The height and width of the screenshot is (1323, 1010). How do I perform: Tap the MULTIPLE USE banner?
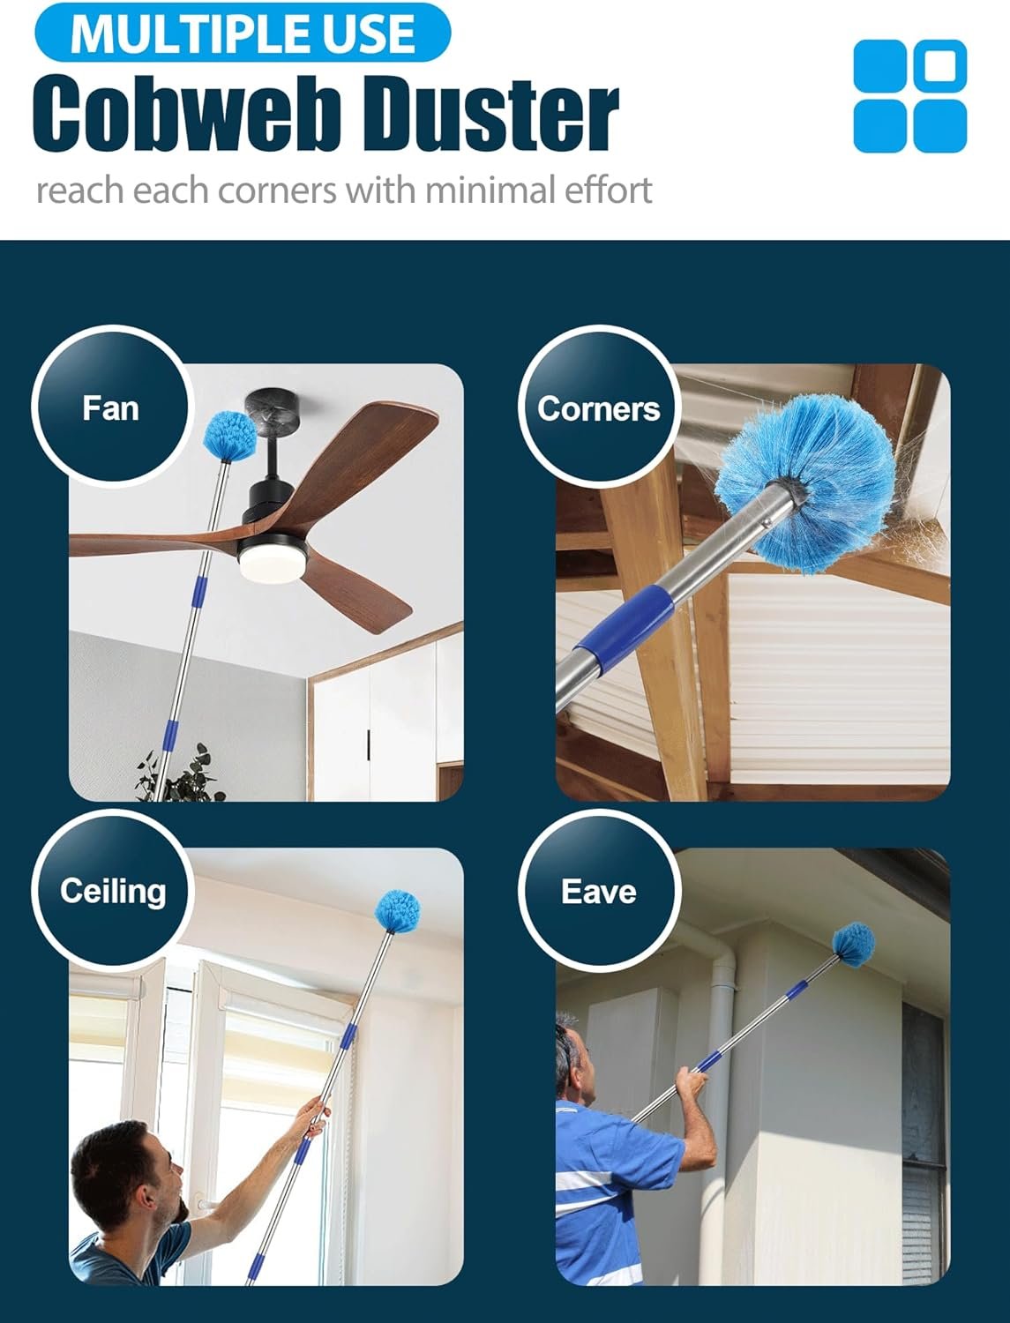coord(242,33)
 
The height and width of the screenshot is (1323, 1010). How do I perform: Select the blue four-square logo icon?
coord(909,95)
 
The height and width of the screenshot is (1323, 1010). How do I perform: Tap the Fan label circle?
coord(110,407)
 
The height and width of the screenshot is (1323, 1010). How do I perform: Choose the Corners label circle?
coord(598,407)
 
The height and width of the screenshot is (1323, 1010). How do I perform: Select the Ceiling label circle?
coord(112,890)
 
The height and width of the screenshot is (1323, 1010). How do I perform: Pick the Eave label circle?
coord(598,891)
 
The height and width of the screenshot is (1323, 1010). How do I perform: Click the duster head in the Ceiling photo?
coord(398,912)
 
